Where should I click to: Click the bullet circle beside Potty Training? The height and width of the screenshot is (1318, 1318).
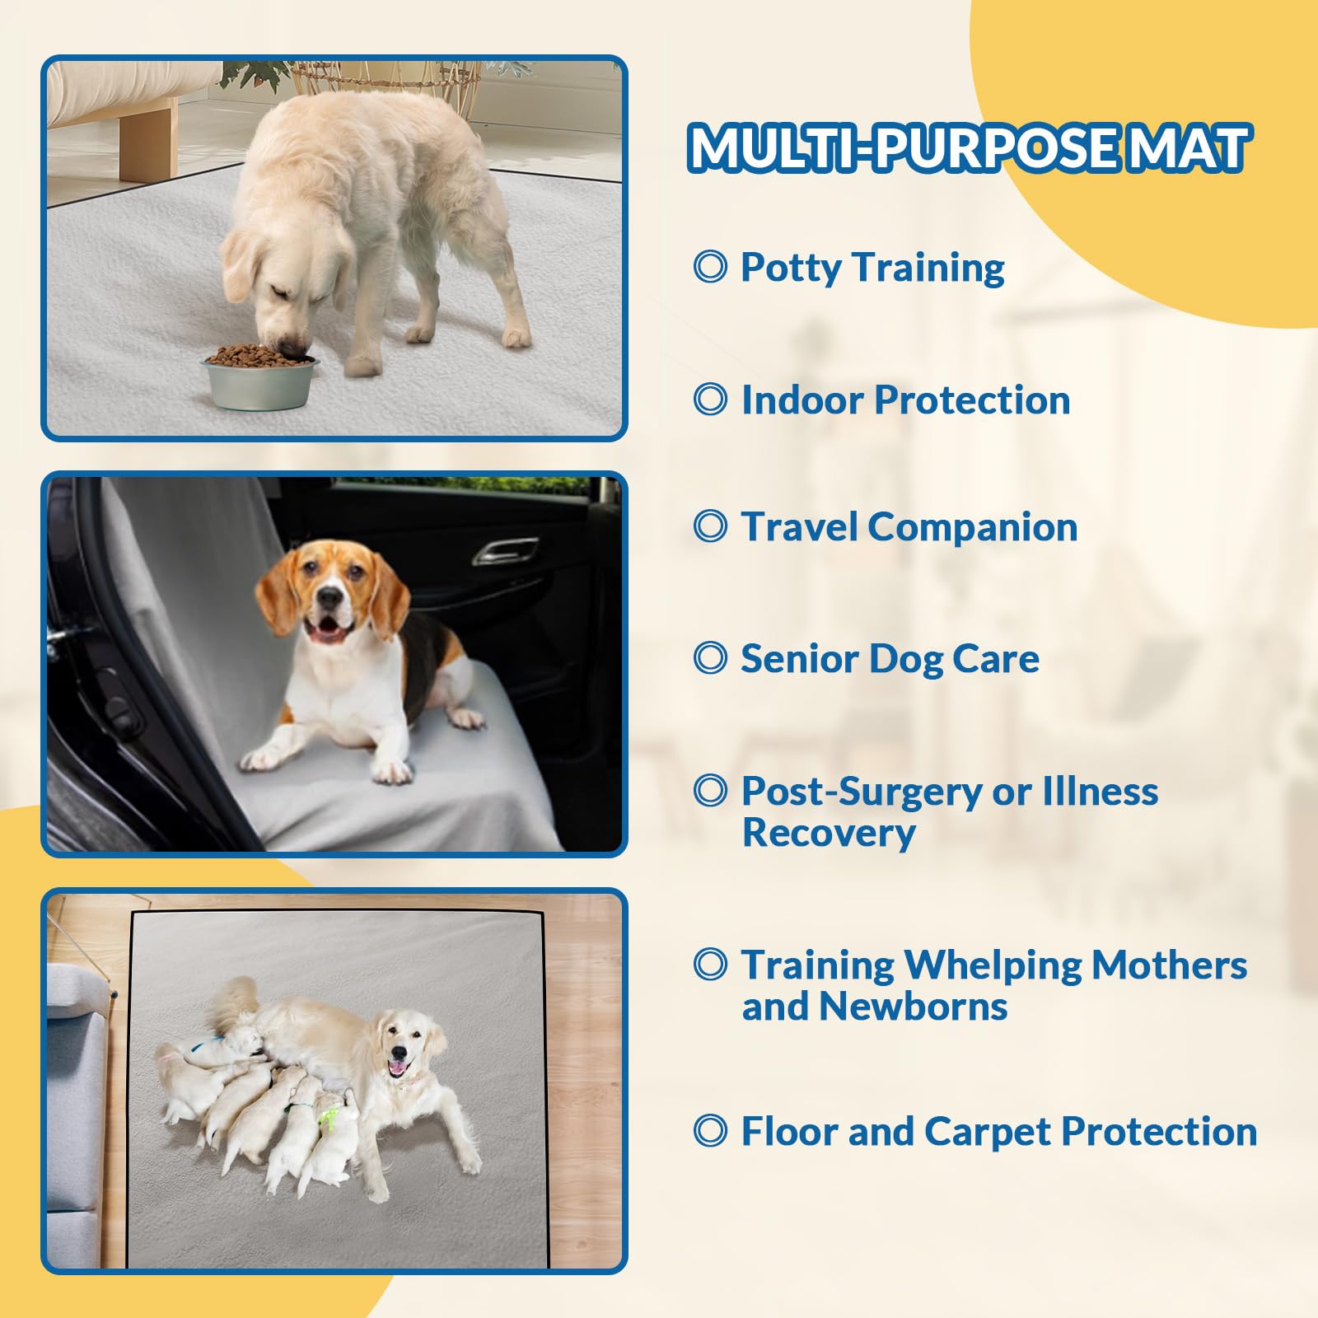coord(710,267)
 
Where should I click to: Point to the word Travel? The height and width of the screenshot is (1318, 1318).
coord(798,527)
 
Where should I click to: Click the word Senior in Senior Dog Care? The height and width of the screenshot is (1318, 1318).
coord(798,659)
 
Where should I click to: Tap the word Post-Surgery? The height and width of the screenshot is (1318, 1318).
coord(861,792)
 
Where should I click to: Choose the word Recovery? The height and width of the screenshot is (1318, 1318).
coord(828,834)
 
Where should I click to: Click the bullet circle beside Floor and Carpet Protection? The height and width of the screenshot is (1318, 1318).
coord(710,1131)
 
